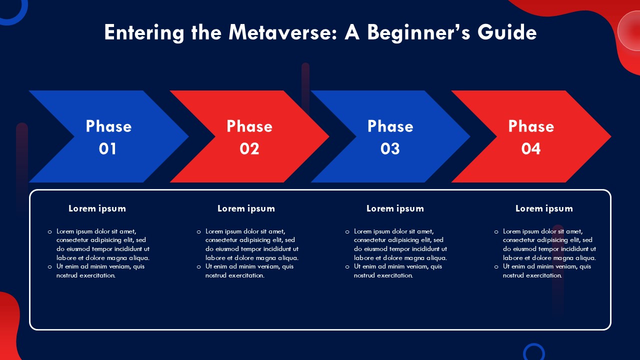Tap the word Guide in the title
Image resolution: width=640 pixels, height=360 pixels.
tap(507, 32)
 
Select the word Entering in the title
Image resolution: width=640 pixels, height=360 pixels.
tap(144, 33)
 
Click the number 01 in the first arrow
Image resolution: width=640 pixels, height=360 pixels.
tap(107, 148)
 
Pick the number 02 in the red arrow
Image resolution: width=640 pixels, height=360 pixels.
tap(249, 148)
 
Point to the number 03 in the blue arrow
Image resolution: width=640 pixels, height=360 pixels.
tap(390, 148)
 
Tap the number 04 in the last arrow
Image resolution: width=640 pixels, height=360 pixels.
tap(531, 148)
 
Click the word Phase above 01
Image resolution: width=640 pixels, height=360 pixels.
tap(108, 126)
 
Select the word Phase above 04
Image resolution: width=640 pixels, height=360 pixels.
tap(531, 126)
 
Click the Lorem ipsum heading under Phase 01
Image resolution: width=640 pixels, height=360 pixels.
tap(97, 208)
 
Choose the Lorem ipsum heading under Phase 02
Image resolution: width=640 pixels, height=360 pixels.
tap(246, 208)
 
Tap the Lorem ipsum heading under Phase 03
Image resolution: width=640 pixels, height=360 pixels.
tap(395, 208)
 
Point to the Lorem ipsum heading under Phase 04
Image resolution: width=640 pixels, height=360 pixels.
tap(544, 208)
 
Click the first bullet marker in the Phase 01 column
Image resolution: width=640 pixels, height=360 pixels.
tap(49, 232)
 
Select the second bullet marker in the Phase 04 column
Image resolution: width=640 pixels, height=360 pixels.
tap(496, 267)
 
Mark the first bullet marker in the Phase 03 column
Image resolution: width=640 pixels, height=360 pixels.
tap(347, 232)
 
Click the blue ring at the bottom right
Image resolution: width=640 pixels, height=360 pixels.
tap(533, 345)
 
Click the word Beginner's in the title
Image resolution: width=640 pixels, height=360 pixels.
tap(418, 33)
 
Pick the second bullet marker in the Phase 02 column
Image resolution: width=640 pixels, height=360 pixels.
tap(199, 267)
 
